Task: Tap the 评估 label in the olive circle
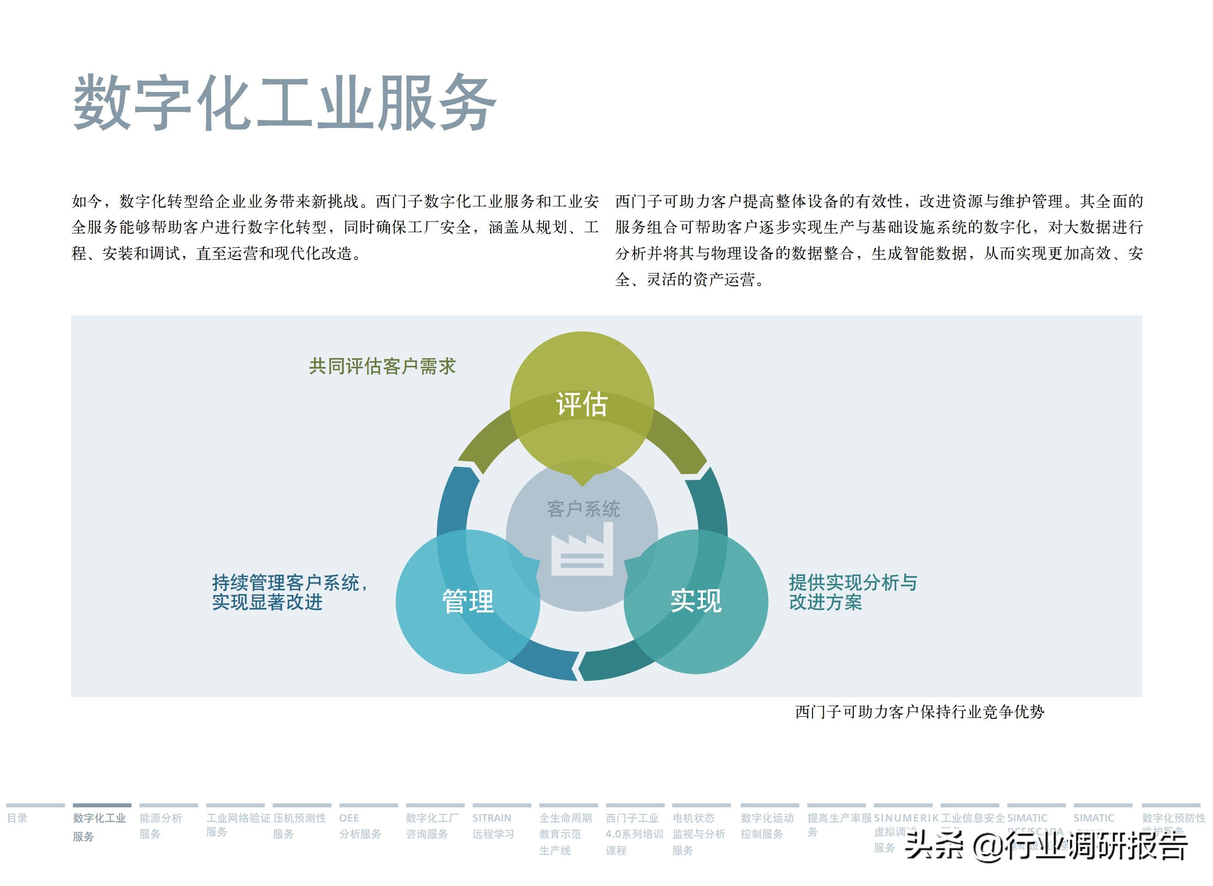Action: pos(582,404)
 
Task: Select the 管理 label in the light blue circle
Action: pos(467,601)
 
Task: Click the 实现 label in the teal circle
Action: pos(696,601)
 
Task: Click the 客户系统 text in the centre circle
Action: pos(583,509)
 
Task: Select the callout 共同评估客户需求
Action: pos(382,366)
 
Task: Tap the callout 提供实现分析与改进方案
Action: pos(853,592)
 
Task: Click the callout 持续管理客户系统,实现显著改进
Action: pos(290,592)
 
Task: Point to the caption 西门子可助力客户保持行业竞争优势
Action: pos(919,712)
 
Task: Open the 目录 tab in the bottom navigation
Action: pos(17,818)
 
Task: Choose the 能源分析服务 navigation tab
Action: pos(161,826)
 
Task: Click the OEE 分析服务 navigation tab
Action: pos(360,826)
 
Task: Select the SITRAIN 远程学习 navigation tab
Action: pos(492,826)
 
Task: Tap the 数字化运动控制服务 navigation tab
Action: pos(767,826)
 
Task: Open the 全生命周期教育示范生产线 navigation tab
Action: pos(565,834)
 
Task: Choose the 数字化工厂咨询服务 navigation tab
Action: pos(432,826)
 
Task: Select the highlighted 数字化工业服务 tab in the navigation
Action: pos(99,826)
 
